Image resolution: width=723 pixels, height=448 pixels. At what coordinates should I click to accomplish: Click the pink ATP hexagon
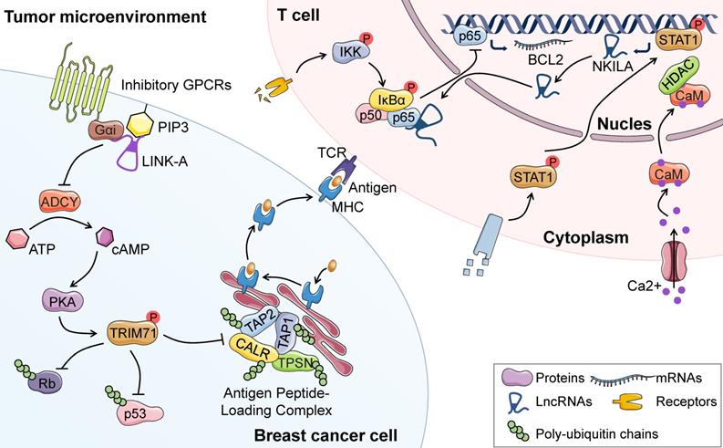(17, 239)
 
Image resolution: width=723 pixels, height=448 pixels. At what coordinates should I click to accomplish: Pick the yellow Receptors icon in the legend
(610, 400)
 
